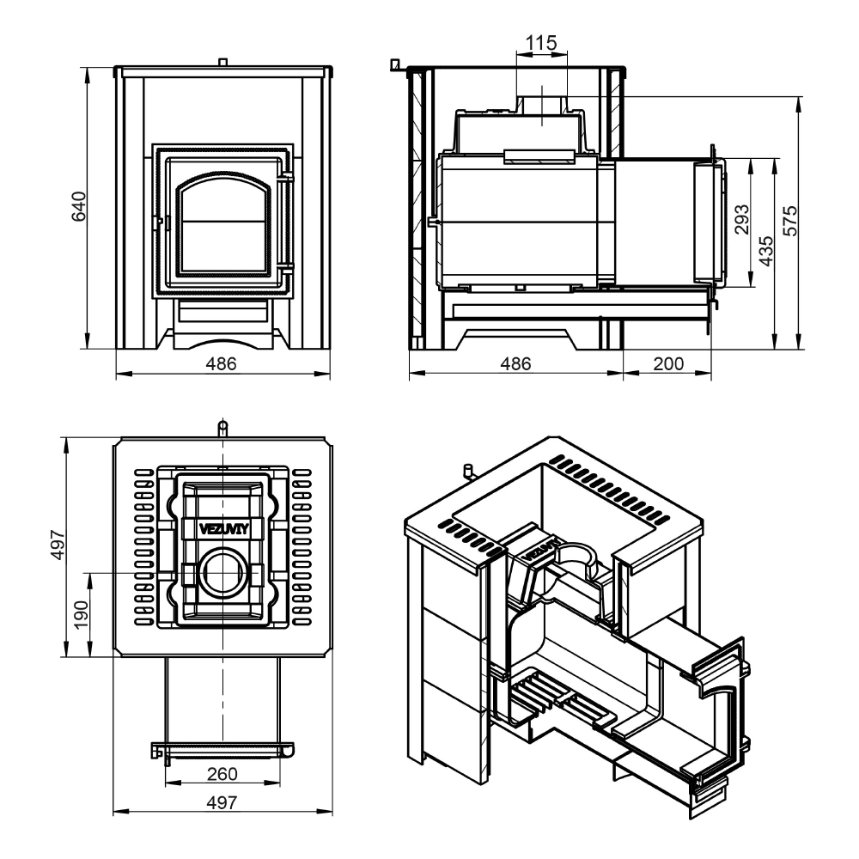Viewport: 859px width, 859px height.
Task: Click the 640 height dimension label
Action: [x=79, y=206]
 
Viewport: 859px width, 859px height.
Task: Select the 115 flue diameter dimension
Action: [x=540, y=42]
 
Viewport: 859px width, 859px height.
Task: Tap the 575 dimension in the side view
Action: [x=790, y=220]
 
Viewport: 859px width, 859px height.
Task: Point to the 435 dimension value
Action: [x=766, y=250]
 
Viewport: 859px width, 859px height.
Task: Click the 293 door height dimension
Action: [x=741, y=218]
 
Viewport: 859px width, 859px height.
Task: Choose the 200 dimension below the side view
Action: [x=668, y=363]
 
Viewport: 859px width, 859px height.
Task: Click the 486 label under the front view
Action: [x=221, y=363]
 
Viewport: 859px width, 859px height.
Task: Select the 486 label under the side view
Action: [x=515, y=363]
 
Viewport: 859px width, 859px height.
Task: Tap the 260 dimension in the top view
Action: [x=222, y=774]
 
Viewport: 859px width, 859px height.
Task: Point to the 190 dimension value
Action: [x=81, y=615]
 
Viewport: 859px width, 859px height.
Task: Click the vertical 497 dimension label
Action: [x=58, y=545]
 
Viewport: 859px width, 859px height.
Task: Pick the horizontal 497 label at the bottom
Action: [x=222, y=802]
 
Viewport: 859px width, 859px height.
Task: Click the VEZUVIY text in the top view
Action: [x=223, y=529]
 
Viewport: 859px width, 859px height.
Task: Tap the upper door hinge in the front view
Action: [x=285, y=178]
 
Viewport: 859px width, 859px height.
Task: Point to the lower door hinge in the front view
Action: [x=285, y=267]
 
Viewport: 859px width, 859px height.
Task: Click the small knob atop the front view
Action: [x=222, y=62]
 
